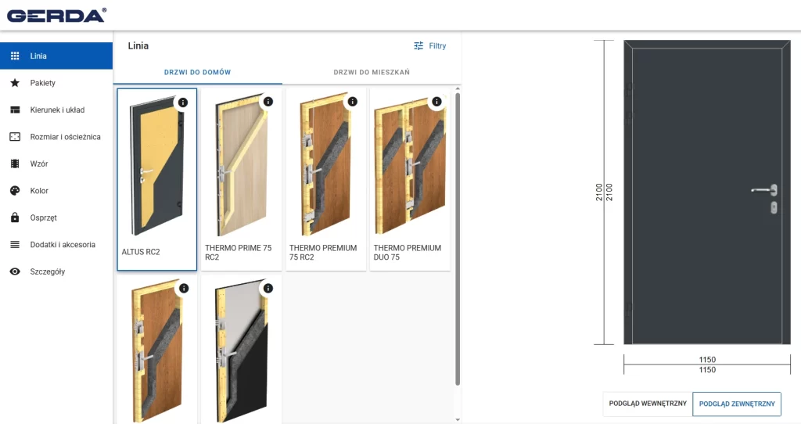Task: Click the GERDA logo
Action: click(x=56, y=16)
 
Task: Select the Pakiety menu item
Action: click(x=42, y=83)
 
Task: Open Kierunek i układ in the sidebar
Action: click(x=57, y=110)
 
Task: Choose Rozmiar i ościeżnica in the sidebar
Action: click(x=65, y=137)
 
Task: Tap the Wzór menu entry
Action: click(x=39, y=164)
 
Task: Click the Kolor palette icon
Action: click(x=15, y=191)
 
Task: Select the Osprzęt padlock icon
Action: click(x=15, y=217)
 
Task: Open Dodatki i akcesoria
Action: click(x=63, y=245)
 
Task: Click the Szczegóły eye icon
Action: click(x=15, y=271)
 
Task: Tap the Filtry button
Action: click(x=429, y=46)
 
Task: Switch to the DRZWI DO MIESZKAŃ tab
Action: click(x=372, y=72)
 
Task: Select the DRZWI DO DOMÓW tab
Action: click(x=197, y=72)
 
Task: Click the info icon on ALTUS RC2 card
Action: click(x=183, y=102)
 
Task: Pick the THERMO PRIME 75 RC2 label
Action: click(x=238, y=253)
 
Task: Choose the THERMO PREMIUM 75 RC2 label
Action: click(x=323, y=253)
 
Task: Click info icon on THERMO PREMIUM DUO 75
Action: click(x=436, y=102)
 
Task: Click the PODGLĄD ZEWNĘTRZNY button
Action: click(x=737, y=404)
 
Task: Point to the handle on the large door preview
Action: click(x=765, y=190)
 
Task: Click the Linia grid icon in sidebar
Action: click(x=15, y=56)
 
